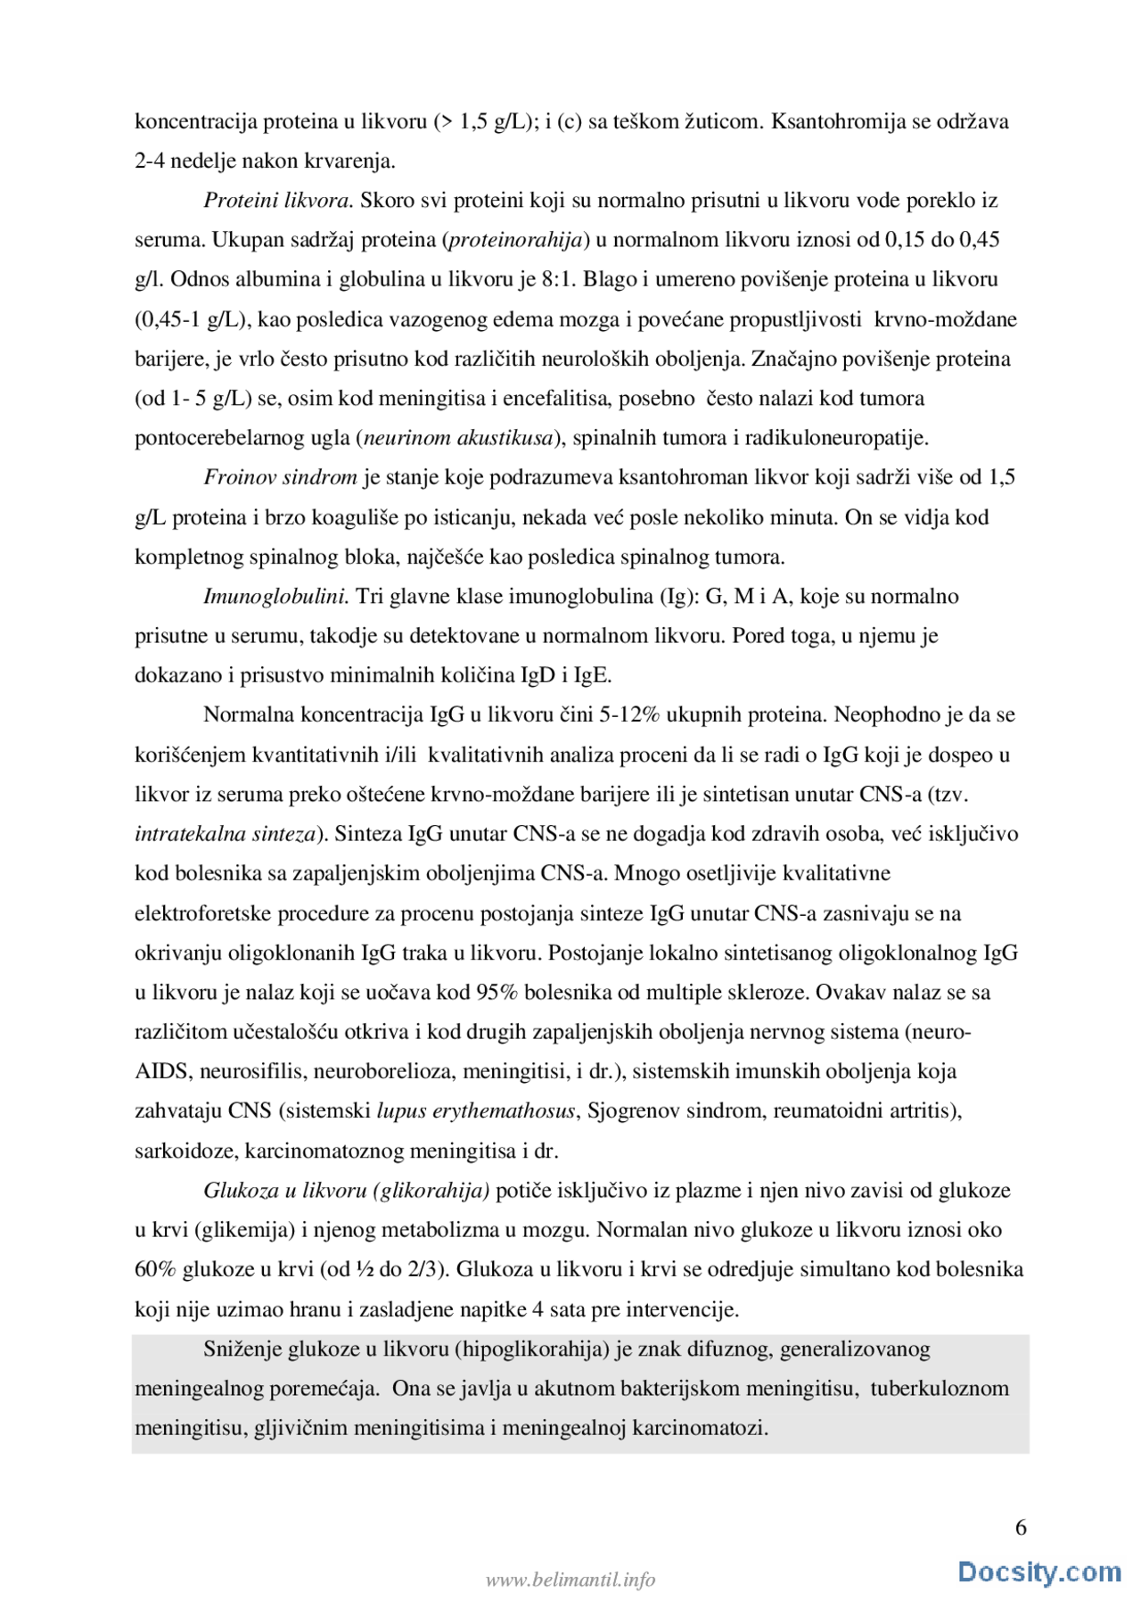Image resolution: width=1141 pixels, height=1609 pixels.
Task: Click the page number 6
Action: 1021,1527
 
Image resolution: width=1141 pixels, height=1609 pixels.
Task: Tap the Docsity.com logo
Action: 1039,1572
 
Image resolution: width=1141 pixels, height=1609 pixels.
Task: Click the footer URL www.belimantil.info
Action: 570,1580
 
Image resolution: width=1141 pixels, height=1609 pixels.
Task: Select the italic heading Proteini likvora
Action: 278,201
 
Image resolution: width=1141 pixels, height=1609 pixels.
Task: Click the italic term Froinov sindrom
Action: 280,477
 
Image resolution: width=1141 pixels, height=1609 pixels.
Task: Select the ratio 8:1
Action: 559,279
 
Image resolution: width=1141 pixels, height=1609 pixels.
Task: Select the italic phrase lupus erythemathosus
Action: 476,1111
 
